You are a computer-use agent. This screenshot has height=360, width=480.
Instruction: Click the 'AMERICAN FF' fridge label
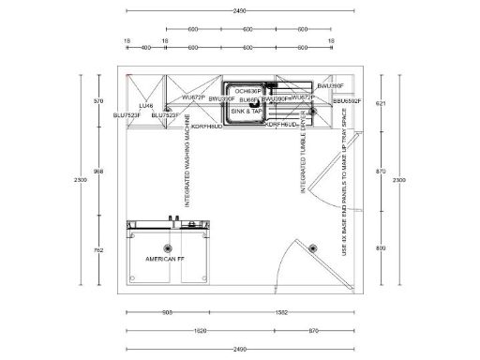tap(166, 258)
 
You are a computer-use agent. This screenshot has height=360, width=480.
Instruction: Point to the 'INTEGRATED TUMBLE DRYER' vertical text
tap(303, 160)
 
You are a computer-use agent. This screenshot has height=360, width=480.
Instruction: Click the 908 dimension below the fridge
tap(168, 312)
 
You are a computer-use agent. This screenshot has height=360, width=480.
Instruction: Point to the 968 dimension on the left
tap(99, 172)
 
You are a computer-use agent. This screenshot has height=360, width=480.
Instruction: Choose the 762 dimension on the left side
tap(99, 251)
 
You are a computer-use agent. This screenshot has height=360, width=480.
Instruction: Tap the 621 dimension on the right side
tap(380, 102)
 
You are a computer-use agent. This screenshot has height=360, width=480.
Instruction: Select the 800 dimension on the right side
tap(380, 247)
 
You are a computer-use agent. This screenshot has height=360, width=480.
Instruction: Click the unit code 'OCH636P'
tap(248, 91)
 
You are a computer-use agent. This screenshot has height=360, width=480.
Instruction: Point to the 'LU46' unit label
tap(146, 106)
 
